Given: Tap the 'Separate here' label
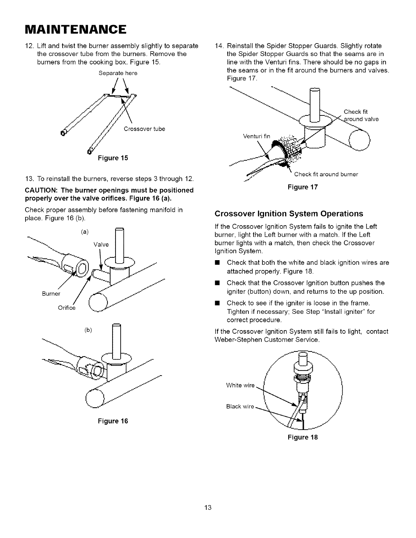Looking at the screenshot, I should point(118,73).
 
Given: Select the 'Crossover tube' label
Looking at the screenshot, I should point(144,129).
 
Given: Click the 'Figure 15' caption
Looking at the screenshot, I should point(113,158).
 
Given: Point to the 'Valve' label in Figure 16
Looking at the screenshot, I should point(101,245).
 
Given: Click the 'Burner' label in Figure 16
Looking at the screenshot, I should point(52,293).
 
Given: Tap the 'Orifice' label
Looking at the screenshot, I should point(67,308).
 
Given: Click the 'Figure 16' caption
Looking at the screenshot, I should point(113,422).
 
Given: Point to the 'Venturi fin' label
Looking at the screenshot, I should point(257,137).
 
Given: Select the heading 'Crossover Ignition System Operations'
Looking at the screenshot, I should point(289,214).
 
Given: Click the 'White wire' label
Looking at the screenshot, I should point(240,385).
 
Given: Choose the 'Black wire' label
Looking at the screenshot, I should point(240,407).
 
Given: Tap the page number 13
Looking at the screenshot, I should point(208,508).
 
